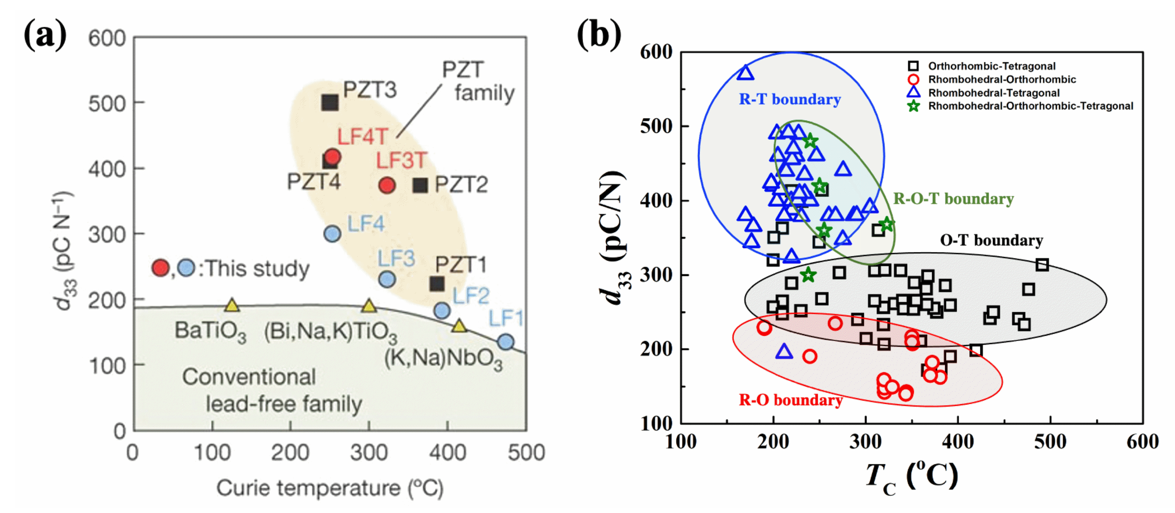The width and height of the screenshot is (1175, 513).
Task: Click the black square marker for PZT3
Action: [x=330, y=103]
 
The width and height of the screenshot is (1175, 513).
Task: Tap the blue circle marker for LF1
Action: [x=505, y=342]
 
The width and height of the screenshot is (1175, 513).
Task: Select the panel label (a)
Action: [x=45, y=35]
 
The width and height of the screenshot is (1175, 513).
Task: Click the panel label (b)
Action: [x=598, y=35]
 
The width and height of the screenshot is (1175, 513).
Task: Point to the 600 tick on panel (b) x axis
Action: [x=1142, y=442]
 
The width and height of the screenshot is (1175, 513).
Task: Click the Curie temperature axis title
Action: [x=329, y=488]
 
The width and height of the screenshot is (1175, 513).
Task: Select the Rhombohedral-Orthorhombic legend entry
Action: [x=1002, y=79]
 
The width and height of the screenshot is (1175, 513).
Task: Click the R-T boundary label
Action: [x=789, y=99]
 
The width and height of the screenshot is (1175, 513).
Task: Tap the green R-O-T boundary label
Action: [x=953, y=199]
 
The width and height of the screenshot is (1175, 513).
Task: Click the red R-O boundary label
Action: [x=790, y=400]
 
